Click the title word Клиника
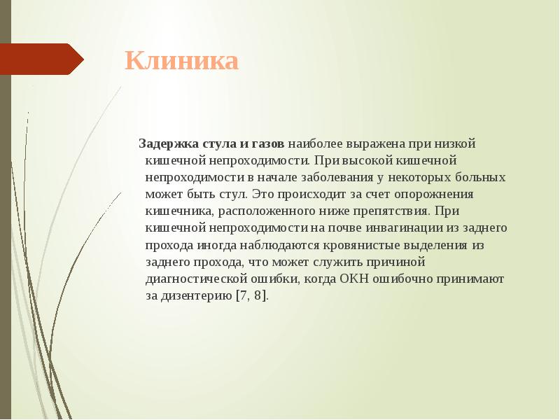point(182,61)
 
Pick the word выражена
point(370,143)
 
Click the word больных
point(481,177)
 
